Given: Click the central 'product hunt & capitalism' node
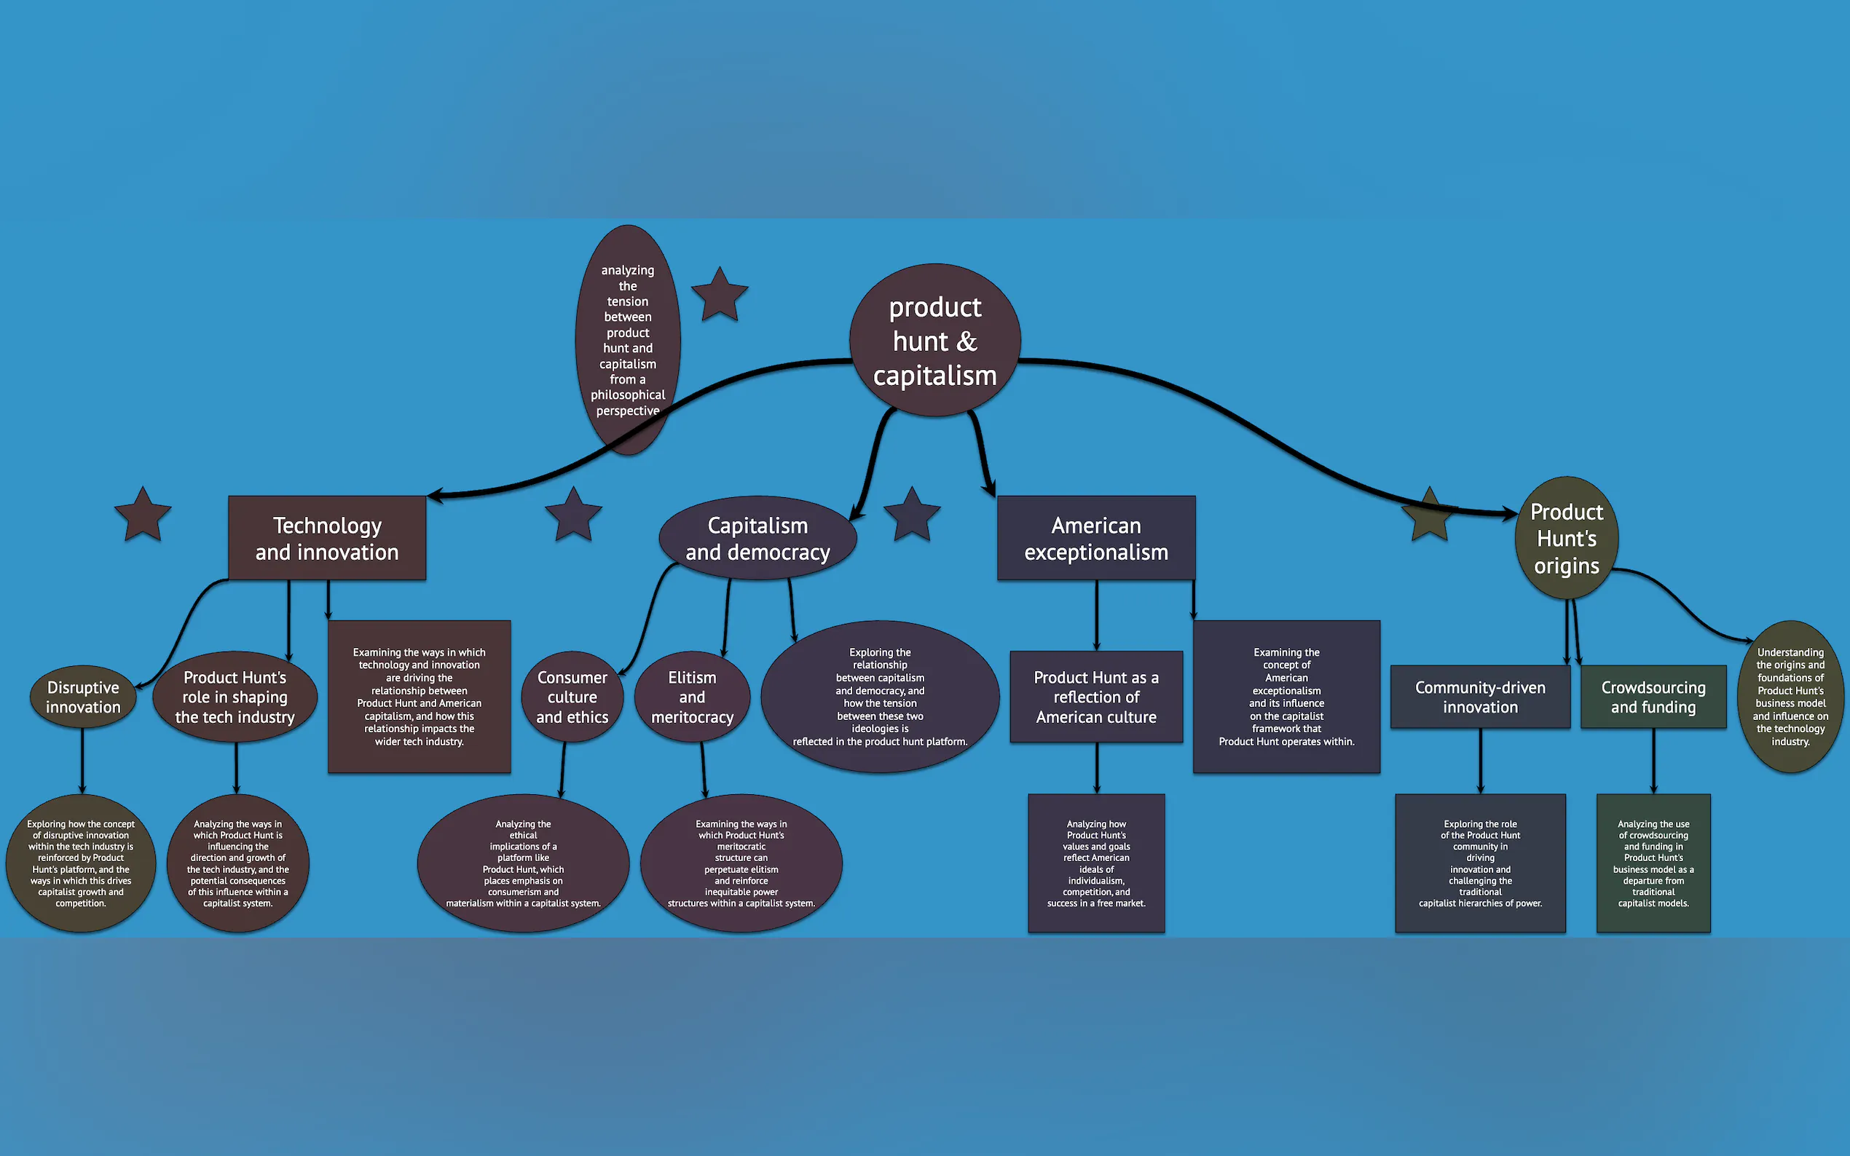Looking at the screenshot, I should [934, 340].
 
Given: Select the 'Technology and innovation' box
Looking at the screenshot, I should [326, 538].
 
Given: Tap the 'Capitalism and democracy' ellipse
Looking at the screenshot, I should [757, 538].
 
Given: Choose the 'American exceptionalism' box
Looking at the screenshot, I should [1096, 538].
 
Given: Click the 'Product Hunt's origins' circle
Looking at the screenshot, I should [1566, 538].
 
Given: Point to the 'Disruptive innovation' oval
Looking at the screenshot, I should [82, 697].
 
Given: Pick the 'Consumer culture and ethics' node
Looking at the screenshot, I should [572, 697].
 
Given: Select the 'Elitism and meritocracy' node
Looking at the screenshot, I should [692, 697].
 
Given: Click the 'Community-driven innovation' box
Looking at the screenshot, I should [1480, 697].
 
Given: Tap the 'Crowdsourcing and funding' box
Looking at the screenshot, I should [1653, 697].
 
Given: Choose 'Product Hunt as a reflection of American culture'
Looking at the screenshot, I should [1096, 697].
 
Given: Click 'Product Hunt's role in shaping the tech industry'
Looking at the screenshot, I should [235, 697].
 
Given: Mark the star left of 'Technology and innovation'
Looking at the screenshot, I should [143, 515].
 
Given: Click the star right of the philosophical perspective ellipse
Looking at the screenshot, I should [719, 295].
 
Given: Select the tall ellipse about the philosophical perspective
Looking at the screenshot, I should [627, 340].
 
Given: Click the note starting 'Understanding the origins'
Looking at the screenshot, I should [1790, 697].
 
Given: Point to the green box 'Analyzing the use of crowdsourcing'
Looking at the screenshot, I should [1653, 863].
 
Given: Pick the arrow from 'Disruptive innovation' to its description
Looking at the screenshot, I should [82, 761].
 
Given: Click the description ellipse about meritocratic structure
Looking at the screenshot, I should [741, 863].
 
